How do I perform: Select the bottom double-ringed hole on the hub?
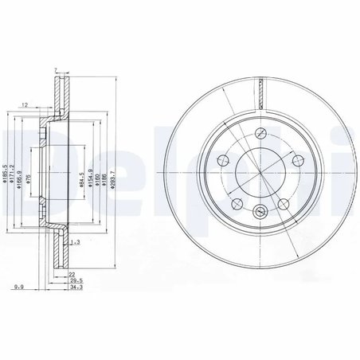(x=259, y=210)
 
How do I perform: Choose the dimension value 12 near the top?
(x=26, y=105)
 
